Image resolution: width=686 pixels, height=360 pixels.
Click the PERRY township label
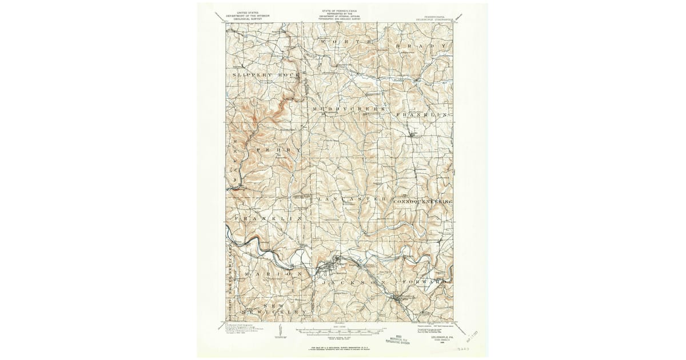[278, 150]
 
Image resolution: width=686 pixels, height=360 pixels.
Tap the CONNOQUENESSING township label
[422, 202]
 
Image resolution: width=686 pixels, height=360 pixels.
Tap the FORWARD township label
[423, 282]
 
